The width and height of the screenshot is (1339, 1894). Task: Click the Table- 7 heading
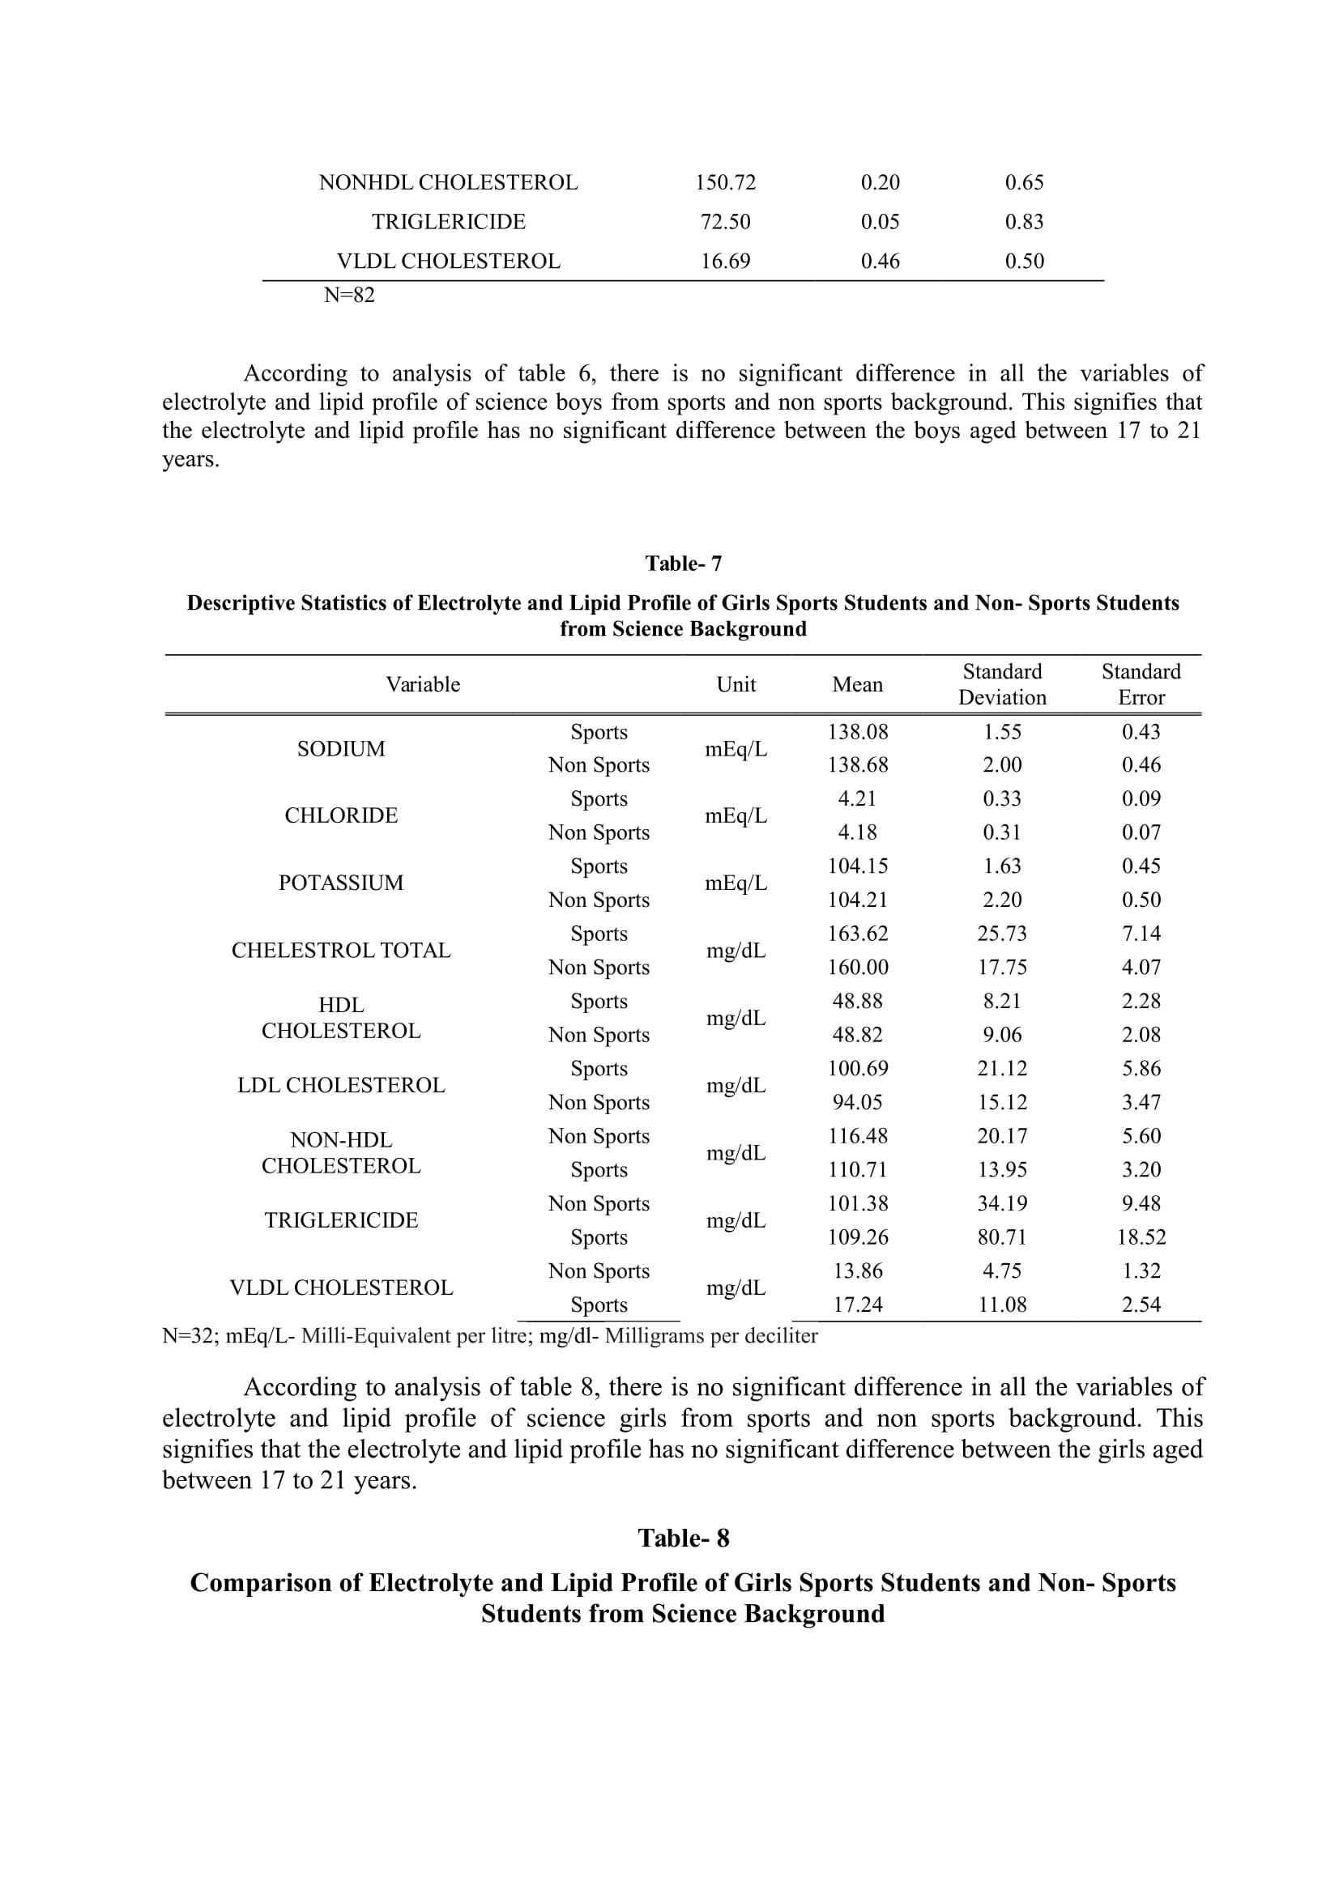683,564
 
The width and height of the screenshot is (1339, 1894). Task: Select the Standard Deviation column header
1001,684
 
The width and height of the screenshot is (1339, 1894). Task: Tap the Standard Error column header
1141,684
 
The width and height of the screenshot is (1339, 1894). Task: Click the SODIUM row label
341,749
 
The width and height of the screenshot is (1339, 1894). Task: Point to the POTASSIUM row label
341,883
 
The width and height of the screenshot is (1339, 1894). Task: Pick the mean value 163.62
858,933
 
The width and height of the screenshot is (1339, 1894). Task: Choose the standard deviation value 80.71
1001,1236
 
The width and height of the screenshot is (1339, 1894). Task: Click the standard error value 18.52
1141,1236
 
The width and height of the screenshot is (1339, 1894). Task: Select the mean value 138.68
858,764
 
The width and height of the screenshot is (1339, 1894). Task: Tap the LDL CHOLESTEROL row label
341,1085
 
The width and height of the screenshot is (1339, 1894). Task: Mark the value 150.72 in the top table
725,182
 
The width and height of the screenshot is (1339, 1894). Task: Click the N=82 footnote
349,296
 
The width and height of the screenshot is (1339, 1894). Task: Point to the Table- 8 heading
683,1539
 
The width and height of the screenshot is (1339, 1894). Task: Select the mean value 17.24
858,1305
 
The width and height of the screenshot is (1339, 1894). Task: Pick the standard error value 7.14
1141,933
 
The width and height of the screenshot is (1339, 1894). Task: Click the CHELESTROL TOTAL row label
341,951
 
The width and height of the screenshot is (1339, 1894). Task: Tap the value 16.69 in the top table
725,262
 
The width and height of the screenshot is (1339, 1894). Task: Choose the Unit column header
736,685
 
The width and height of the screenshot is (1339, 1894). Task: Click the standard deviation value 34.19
1001,1203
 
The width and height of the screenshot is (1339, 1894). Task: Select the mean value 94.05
858,1102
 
